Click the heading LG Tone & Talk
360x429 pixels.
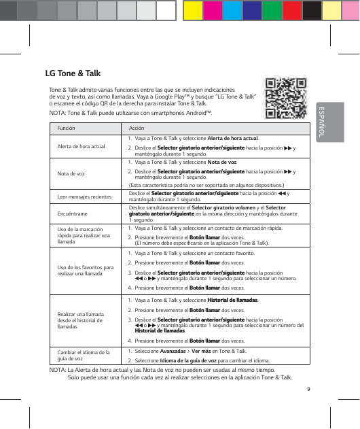73,72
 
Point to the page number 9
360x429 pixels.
308,389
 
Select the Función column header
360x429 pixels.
67,128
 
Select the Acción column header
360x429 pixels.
136,128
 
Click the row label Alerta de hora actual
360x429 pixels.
81,146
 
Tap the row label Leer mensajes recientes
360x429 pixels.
84,196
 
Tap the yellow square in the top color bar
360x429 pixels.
194,10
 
